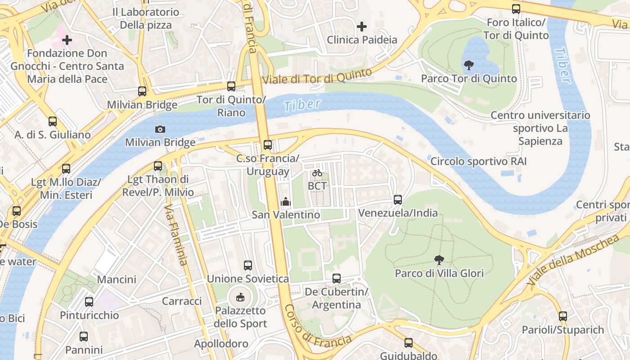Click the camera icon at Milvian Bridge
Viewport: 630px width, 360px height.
click(x=160, y=130)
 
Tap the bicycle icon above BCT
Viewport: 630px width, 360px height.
click(x=317, y=173)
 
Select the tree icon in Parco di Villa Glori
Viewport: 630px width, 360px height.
click(x=439, y=260)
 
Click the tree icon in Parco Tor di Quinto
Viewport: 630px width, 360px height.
click(x=468, y=65)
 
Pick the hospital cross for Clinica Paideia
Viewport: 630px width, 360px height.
click(x=361, y=27)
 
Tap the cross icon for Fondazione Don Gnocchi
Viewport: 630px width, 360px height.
click(x=67, y=40)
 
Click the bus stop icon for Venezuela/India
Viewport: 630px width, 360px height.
click(x=397, y=199)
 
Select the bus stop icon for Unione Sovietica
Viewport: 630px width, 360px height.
click(x=247, y=265)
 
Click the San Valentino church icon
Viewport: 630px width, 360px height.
click(x=285, y=202)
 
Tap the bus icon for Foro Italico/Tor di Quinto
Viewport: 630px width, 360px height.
click(x=516, y=9)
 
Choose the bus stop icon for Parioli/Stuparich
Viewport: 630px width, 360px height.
click(x=562, y=316)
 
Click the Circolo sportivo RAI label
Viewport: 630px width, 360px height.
click(x=478, y=161)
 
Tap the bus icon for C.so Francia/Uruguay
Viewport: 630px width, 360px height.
click(x=268, y=145)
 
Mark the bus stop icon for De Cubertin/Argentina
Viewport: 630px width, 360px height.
click(x=336, y=279)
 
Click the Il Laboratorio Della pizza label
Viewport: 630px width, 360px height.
click(x=146, y=18)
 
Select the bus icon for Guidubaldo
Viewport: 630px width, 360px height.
click(x=408, y=343)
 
